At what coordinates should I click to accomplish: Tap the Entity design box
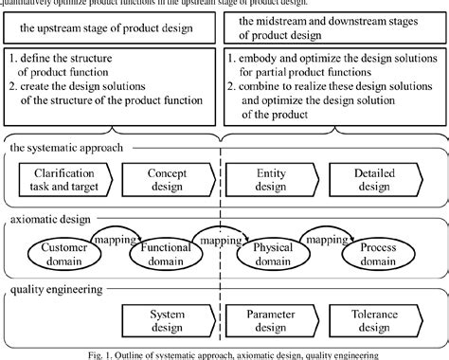[x=272, y=179]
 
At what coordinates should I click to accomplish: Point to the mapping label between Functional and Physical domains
[x=221, y=242]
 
